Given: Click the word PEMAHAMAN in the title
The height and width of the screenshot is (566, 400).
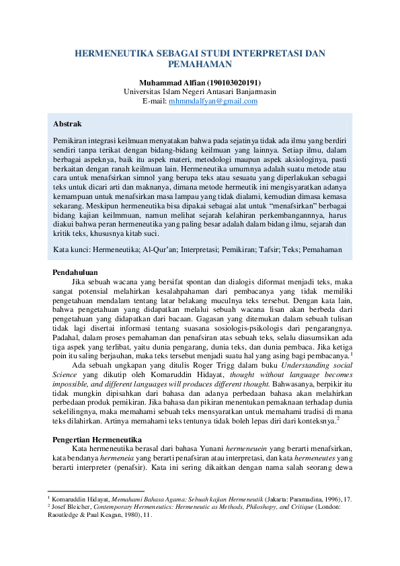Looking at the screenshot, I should pyautogui.click(x=200, y=65).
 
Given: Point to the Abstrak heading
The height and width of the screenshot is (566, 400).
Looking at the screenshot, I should pyautogui.click(x=67, y=124).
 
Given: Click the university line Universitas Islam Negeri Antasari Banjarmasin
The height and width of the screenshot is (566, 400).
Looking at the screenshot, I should pyautogui.click(x=200, y=91).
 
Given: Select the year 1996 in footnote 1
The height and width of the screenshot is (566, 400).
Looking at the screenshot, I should pyautogui.click(x=325, y=499).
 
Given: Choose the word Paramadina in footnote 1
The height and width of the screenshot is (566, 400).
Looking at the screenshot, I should pyautogui.click(x=297, y=499).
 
